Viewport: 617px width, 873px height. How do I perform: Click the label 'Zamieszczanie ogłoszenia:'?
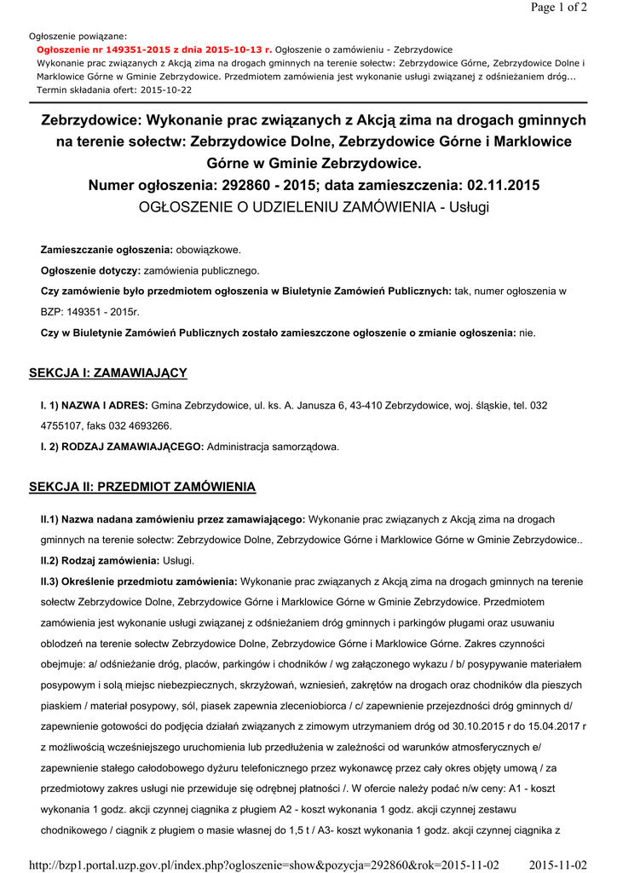[107, 250]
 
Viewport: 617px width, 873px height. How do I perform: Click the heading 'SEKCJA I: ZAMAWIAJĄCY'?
[107, 373]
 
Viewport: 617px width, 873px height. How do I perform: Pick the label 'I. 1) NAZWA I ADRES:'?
[94, 405]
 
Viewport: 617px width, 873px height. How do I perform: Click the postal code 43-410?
[366, 405]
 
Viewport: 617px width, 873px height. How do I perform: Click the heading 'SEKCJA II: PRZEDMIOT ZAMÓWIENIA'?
[142, 487]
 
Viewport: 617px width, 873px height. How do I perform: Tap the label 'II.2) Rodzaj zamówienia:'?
[100, 560]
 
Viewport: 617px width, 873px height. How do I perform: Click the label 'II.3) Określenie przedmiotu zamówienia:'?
[139, 581]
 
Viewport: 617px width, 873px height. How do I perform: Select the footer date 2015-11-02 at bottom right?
[558, 864]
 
